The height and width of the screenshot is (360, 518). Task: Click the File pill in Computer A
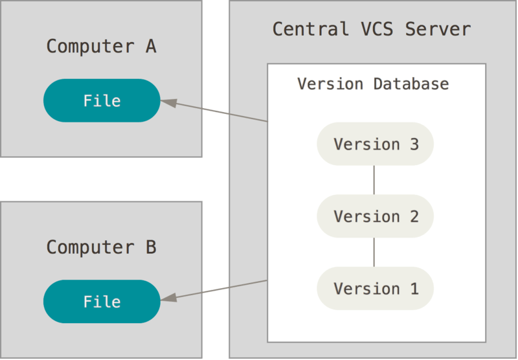102,100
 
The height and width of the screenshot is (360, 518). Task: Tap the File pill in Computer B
102,302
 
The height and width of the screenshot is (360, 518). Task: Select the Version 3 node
376,144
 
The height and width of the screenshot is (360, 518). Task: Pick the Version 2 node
376,216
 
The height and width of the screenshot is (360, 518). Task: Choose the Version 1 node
376,288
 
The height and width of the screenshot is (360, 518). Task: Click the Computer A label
102,47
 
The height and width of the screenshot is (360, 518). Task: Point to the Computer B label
102,247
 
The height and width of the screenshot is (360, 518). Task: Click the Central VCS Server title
371,29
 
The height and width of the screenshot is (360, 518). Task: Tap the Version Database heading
373,84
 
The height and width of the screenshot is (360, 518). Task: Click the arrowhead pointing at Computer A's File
168,102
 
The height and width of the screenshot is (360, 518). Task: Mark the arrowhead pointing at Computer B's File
168,297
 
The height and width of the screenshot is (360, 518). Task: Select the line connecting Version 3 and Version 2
374,180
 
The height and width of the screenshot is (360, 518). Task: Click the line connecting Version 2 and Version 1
374,252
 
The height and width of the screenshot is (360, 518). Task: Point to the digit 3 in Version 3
414,144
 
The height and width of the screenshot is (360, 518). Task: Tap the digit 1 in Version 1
414,288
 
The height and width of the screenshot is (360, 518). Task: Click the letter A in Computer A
150,47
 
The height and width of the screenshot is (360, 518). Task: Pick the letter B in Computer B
150,247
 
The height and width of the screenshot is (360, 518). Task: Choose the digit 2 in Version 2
414,216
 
